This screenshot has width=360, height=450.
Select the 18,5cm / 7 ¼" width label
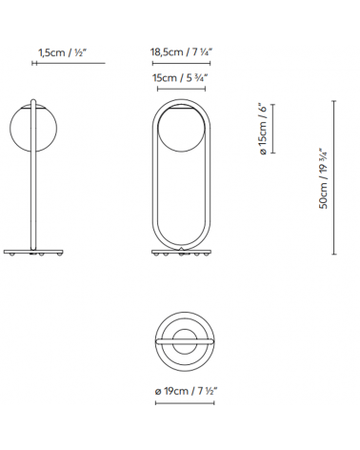[180, 52]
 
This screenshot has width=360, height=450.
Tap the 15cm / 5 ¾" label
[180, 79]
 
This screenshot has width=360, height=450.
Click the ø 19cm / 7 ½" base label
[180, 391]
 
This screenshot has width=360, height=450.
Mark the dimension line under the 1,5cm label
[57, 64]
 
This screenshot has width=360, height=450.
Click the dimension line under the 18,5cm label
[180, 64]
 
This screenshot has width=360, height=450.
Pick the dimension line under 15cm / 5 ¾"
[180, 90]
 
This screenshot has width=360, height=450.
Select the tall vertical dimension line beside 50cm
[335, 178]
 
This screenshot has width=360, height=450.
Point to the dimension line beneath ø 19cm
[180, 402]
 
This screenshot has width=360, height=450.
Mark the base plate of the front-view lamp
[180, 253]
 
